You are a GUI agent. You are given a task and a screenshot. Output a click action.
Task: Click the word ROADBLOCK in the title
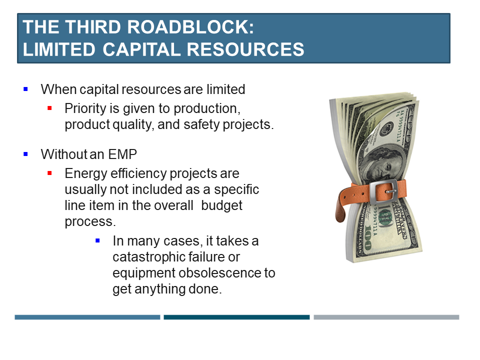click(190, 27)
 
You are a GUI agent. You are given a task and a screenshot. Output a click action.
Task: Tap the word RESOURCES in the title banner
click(245, 49)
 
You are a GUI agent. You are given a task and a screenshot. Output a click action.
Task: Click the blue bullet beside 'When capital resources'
click(25, 89)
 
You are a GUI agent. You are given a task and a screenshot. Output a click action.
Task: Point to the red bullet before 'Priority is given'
click(49, 108)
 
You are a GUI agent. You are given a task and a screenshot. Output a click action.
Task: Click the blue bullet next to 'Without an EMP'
click(25, 154)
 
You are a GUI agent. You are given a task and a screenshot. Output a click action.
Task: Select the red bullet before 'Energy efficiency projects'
click(49, 173)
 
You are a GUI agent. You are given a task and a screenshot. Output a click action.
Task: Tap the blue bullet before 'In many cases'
click(97, 240)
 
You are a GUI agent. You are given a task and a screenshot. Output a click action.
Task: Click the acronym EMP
click(122, 154)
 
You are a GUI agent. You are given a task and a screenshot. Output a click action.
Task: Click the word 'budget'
click(221, 205)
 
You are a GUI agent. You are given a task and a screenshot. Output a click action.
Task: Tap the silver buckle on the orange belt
click(383, 191)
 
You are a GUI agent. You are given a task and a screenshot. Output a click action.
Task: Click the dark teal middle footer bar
click(236, 317)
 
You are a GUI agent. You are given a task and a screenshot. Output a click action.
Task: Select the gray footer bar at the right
click(386, 317)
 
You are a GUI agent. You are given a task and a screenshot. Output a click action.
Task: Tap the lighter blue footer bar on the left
click(87, 317)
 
